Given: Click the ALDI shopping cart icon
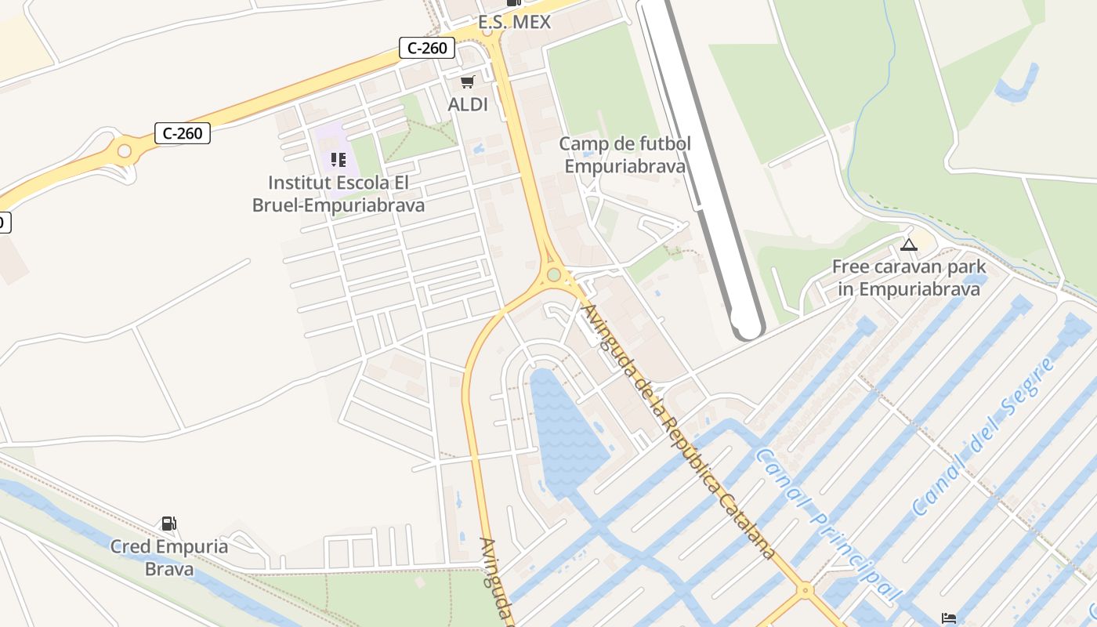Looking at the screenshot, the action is pyautogui.click(x=468, y=82).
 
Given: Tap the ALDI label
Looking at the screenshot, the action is pyautogui.click(x=468, y=104).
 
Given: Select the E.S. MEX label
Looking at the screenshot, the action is pyautogui.click(x=515, y=22).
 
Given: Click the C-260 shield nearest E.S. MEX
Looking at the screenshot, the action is pyautogui.click(x=428, y=48).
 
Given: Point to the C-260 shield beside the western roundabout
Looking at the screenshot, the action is pyautogui.click(x=183, y=133).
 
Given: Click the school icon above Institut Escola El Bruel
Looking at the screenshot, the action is pyautogui.click(x=339, y=160).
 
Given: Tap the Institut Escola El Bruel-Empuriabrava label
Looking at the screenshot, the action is pyautogui.click(x=339, y=194).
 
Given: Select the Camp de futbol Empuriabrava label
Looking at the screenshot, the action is pyautogui.click(x=625, y=155).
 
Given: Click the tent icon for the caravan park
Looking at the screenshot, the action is pyautogui.click(x=908, y=245).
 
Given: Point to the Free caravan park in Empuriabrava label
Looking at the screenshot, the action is pyautogui.click(x=909, y=277).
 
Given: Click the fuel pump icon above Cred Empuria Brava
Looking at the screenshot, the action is pyautogui.click(x=168, y=524).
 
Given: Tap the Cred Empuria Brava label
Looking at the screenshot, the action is pyautogui.click(x=169, y=557).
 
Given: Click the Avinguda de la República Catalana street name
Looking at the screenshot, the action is pyautogui.click(x=678, y=431).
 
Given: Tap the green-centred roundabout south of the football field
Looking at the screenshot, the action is pyautogui.click(x=554, y=274).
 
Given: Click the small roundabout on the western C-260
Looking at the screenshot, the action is pyautogui.click(x=124, y=150).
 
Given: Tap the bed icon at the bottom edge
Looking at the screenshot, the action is pyautogui.click(x=949, y=618).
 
